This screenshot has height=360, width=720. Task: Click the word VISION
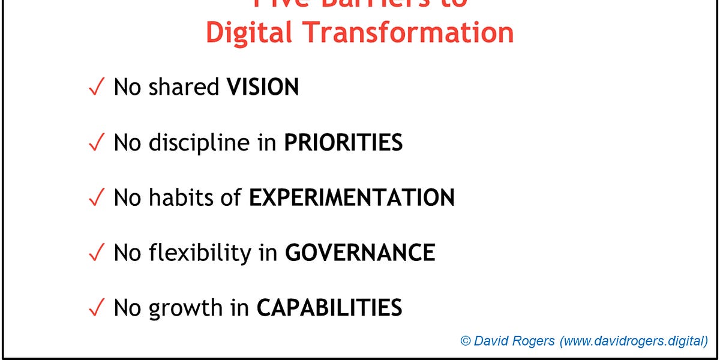point(262,88)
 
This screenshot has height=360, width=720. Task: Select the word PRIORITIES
point(343,143)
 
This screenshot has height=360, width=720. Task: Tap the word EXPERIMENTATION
point(352,197)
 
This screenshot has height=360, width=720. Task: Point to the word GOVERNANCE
point(359,253)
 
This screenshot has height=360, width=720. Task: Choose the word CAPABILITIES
point(329,308)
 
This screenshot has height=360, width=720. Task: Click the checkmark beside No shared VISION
point(96,88)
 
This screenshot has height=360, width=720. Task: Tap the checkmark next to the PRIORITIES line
point(96,143)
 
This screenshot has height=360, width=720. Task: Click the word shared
point(184,88)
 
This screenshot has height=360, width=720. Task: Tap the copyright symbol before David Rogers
point(466,341)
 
